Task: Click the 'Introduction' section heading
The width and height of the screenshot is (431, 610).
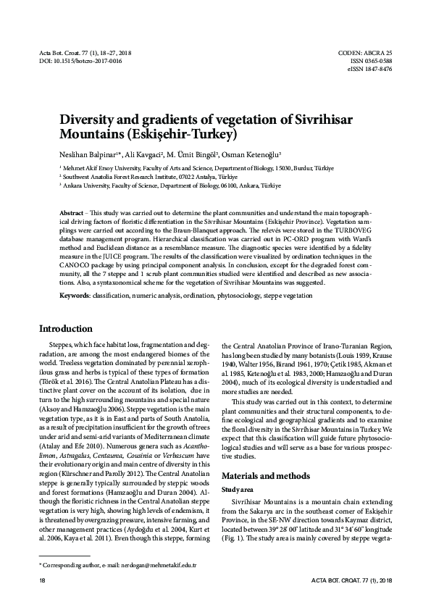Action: coord(65,328)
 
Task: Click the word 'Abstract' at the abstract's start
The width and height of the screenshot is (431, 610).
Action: coord(72,209)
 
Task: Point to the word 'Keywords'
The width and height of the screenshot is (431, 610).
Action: coord(75,296)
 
